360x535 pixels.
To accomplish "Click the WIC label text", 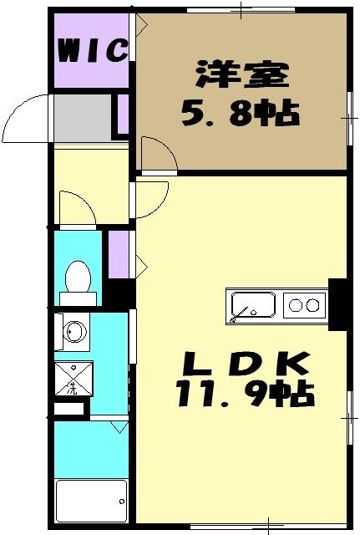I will [92, 50].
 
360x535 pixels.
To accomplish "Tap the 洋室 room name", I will [241, 75].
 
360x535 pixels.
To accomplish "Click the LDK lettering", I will [246, 364].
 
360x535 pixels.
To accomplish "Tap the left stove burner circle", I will [295, 306].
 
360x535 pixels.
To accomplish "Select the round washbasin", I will [74, 332].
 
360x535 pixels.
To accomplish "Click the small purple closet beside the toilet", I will [118, 253].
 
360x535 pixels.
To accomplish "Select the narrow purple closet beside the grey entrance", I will [122, 115].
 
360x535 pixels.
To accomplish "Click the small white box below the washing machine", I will [70, 410].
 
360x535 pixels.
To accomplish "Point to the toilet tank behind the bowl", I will [78, 297].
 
